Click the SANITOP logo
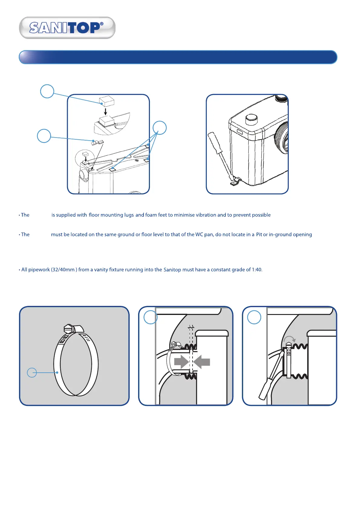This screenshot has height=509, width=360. pyautogui.click(x=67, y=28)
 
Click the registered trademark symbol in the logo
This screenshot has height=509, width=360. pyautogui.click(x=102, y=24)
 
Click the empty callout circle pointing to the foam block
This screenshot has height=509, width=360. pyautogui.click(x=47, y=91)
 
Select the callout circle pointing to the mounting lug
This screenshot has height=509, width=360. pyautogui.click(x=44, y=136)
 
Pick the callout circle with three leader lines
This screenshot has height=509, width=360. pyautogui.click(x=160, y=128)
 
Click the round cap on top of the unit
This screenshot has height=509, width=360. pyautogui.click(x=251, y=119)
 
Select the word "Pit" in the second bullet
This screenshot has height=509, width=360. pyautogui.click(x=259, y=235)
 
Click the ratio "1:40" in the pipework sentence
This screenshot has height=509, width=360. pyautogui.click(x=257, y=270)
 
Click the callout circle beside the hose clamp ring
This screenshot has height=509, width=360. pyautogui.click(x=32, y=373)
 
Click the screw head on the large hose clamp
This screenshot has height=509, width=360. pyautogui.click(x=69, y=329)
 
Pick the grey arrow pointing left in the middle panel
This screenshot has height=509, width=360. pyautogui.click(x=202, y=361)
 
